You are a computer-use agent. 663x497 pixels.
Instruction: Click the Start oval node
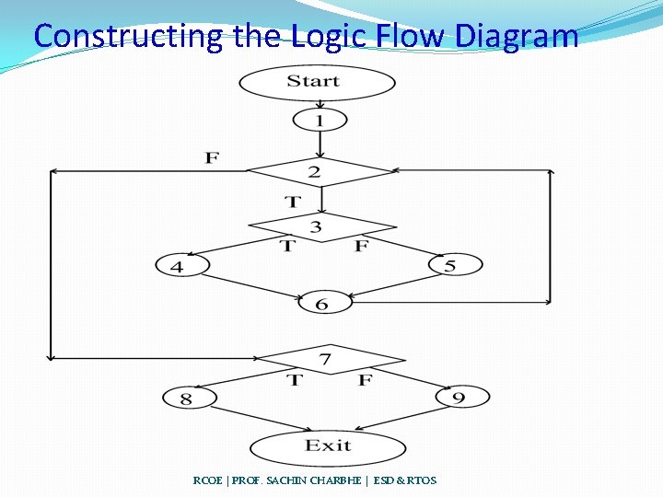click(x=317, y=82)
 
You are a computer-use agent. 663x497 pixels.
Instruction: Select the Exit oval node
click(x=328, y=447)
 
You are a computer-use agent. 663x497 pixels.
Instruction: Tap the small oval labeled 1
click(x=320, y=120)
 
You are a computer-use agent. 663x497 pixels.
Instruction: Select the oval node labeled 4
click(x=182, y=266)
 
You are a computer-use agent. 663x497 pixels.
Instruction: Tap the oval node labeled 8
click(x=190, y=399)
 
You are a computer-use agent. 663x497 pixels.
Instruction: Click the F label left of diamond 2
click(x=212, y=158)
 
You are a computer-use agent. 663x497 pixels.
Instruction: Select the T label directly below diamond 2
click(x=292, y=202)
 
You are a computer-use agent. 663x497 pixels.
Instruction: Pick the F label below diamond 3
click(x=361, y=246)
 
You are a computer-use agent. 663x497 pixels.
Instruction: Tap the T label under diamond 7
click(x=294, y=379)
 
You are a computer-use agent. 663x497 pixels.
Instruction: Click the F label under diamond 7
click(x=366, y=379)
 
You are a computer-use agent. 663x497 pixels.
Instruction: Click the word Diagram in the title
click(x=517, y=36)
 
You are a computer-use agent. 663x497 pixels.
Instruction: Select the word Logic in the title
click(x=331, y=36)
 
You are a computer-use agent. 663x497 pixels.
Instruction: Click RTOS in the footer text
click(x=420, y=480)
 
